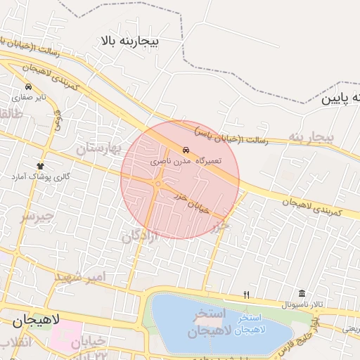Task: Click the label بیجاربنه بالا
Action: coord(130,42)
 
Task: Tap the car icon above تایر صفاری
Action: coord(27,87)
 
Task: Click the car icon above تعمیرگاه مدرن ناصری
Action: coord(186,150)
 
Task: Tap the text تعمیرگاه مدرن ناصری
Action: coord(186,161)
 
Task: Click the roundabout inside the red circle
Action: coord(158,184)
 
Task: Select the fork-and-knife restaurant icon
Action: coord(246,295)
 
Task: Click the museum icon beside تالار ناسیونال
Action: coord(302,294)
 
